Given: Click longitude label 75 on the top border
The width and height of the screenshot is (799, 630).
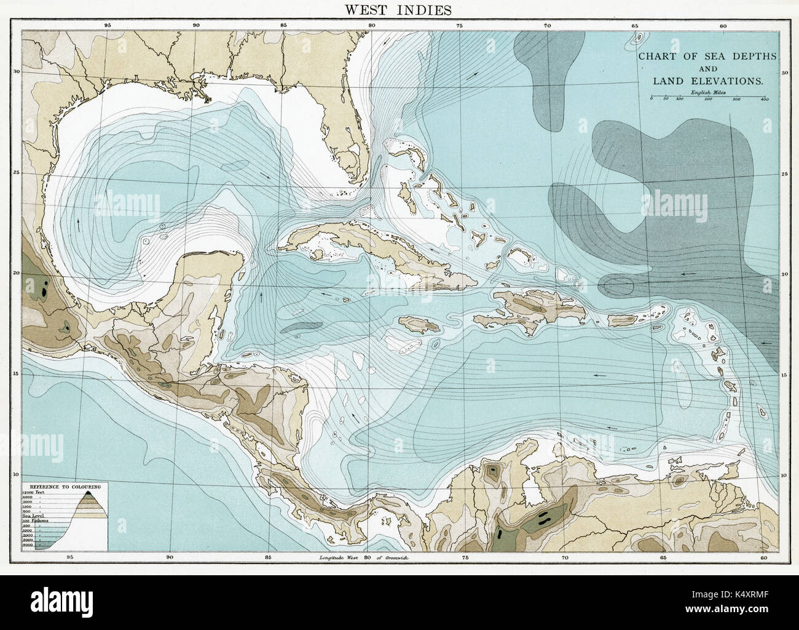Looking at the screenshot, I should (459, 26).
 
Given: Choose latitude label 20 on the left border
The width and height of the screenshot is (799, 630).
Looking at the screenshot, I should (18, 273).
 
